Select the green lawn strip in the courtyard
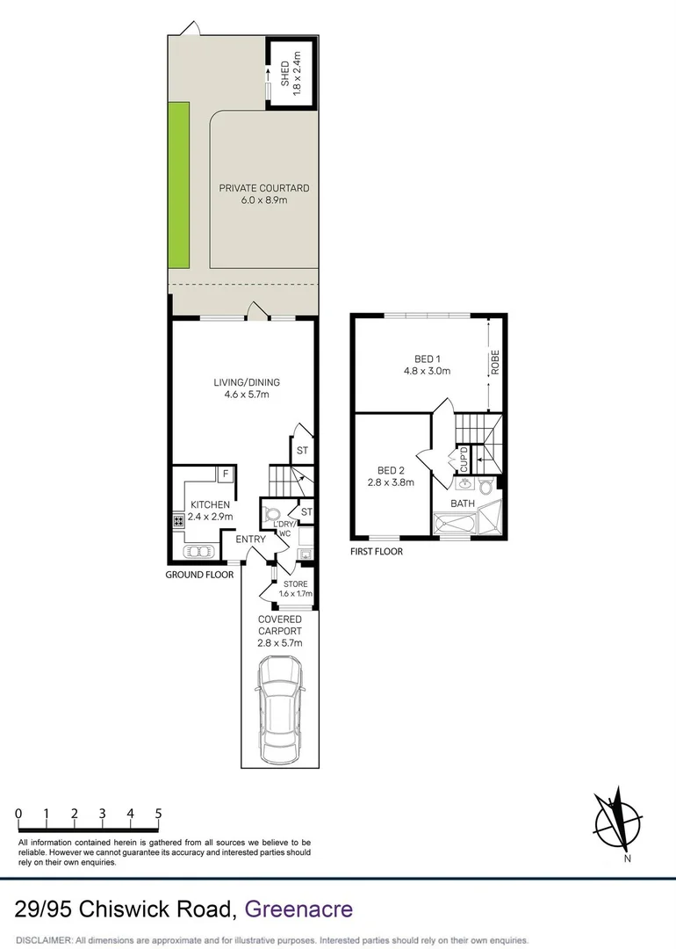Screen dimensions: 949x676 179,186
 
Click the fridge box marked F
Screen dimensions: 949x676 225,474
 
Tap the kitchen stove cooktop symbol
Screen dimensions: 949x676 178,520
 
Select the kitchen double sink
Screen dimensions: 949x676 199,552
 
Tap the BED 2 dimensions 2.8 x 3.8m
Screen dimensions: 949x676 390,482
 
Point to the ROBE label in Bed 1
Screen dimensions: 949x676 495,363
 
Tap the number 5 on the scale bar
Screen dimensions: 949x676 159,815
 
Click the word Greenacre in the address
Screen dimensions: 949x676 299,908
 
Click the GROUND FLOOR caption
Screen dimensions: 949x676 199,575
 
